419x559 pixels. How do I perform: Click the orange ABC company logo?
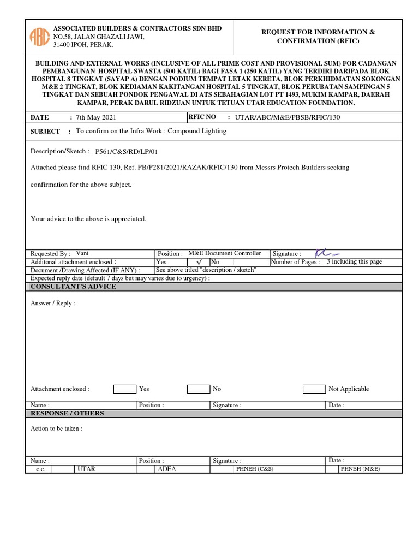[x=40, y=36]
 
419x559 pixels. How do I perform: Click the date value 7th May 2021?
[x=95, y=117]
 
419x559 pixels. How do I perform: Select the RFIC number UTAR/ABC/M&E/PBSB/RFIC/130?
[x=287, y=117]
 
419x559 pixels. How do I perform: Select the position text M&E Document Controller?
[x=224, y=253]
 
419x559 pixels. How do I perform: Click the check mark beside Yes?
[x=199, y=262]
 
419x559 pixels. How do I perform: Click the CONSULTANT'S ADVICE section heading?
[x=73, y=287]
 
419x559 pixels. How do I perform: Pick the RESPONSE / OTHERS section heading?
[x=67, y=413]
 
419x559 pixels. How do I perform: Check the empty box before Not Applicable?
[x=314, y=389]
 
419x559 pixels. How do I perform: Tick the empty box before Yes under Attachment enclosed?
[x=124, y=389]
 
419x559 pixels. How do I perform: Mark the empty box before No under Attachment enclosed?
[x=198, y=389]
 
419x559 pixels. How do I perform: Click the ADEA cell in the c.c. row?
[x=166, y=469]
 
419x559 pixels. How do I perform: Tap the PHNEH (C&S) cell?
[x=254, y=469]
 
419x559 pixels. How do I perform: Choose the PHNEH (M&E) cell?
[x=360, y=469]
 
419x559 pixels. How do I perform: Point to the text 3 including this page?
[x=354, y=262]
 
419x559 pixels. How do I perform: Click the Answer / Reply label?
[x=53, y=303]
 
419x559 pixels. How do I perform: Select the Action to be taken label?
[x=56, y=429]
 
